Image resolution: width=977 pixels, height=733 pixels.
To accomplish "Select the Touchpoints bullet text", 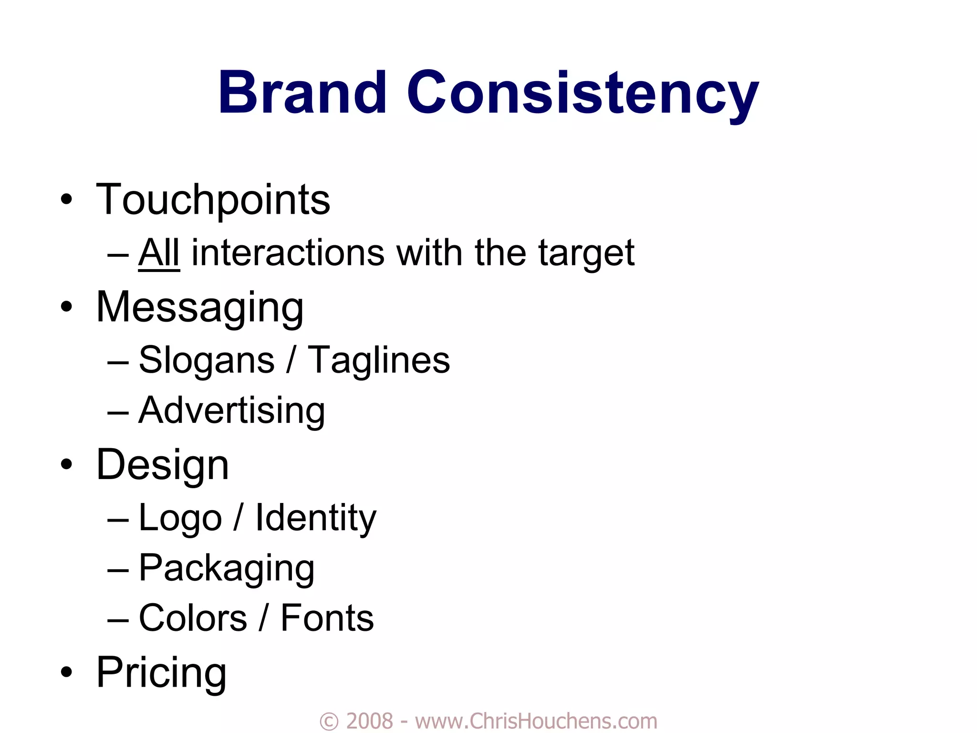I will pos(213,199).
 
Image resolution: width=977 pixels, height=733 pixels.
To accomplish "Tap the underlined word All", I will pos(159,252).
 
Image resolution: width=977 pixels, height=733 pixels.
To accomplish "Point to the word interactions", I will pos(288,252).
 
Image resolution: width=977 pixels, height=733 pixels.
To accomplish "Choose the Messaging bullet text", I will pos(199,307).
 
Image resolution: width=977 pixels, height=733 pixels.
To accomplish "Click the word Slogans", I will pos(206,360).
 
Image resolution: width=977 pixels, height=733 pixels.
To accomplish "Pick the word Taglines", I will pos(378,360).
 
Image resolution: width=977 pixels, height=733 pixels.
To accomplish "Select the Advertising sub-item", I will pos(231,410).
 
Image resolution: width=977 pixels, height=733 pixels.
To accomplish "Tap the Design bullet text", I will pos(162,465).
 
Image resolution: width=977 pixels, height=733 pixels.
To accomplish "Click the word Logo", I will pos(180,518).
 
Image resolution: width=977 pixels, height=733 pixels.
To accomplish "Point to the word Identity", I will pos(315,518).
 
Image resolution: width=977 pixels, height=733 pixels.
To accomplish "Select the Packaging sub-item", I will pos(226,568).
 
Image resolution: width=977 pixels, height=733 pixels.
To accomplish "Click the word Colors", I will pos(192,618).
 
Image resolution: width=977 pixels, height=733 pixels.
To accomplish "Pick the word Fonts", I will pos(327,618).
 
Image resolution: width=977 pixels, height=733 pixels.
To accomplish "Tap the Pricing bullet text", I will pos(161,672).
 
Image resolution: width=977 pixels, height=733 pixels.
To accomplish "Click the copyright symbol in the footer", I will pos(329,721).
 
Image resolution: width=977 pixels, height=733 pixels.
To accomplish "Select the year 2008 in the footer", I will pos(369,721).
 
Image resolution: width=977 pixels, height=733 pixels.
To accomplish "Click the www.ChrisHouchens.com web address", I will pos(536,721).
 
